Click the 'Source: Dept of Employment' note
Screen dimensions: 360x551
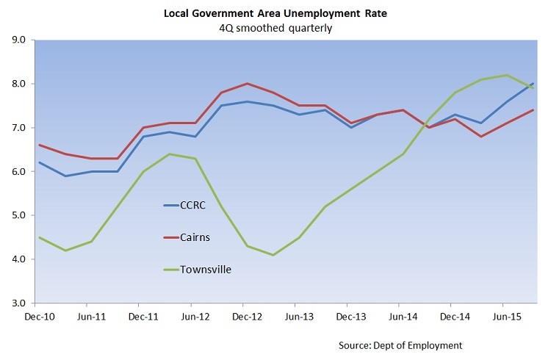400,345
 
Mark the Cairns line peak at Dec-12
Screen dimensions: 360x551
247,84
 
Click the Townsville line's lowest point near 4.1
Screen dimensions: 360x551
273,255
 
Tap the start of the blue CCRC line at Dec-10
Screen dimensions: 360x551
38,162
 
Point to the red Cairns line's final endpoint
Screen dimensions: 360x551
533,110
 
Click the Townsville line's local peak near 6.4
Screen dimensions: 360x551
169,154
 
